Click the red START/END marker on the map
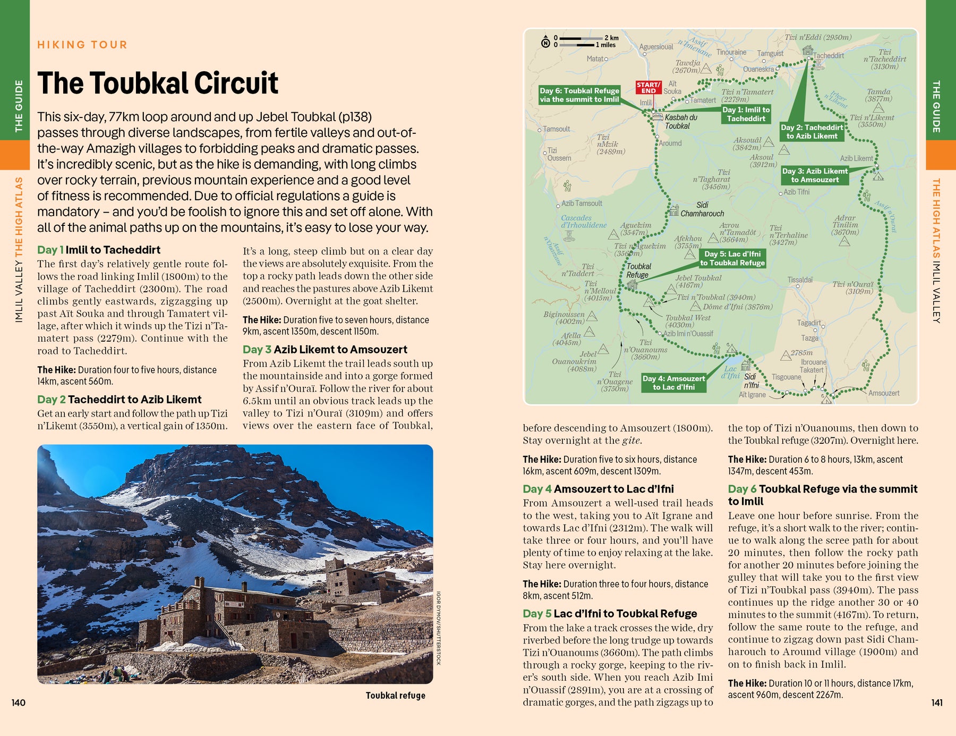pos(648,88)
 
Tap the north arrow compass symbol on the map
pos(545,42)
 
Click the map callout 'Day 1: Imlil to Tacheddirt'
pos(746,114)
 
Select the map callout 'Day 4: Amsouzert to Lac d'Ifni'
pos(673,383)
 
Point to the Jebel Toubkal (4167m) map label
pos(698,282)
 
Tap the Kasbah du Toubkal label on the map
pos(680,122)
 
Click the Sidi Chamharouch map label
pos(702,209)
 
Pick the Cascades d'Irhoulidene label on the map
pos(583,222)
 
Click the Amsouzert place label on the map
pos(884,393)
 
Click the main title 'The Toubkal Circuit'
pos(158,83)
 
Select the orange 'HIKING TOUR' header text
pos(82,45)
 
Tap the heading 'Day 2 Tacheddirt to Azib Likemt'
pos(119,400)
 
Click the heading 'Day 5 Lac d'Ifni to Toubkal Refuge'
pos(610,614)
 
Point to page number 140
pos(19,703)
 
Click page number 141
pos(937,703)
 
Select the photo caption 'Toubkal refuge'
pos(395,696)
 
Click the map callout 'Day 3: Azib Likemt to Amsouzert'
pos(815,175)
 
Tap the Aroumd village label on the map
pos(670,143)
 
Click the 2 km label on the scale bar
pos(611,38)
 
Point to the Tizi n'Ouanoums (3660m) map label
pos(645,350)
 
